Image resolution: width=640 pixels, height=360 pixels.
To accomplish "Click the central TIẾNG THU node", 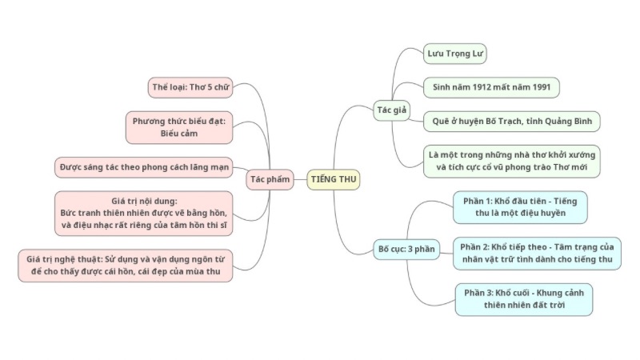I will click(x=334, y=179).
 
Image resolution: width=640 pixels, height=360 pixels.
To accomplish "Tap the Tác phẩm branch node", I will click(x=269, y=179).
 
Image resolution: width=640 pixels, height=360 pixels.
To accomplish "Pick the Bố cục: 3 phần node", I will click(x=406, y=249).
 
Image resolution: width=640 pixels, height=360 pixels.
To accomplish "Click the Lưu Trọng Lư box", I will click(x=456, y=54).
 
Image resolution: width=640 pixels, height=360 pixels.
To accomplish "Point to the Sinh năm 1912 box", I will click(x=491, y=87).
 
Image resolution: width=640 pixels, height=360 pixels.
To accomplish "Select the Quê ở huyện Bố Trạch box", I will click(x=511, y=120).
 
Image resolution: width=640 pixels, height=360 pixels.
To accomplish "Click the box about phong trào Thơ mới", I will click(x=512, y=160).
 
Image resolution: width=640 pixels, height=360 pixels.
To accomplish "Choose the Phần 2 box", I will click(x=537, y=253).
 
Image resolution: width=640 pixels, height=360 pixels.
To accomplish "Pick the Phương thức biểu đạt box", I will click(x=178, y=127).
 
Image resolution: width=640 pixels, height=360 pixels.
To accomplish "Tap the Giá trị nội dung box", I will click(x=144, y=213).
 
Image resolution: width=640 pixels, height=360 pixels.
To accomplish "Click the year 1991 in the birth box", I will click(x=542, y=87).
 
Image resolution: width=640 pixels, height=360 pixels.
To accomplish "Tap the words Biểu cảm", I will click(x=178, y=134).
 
